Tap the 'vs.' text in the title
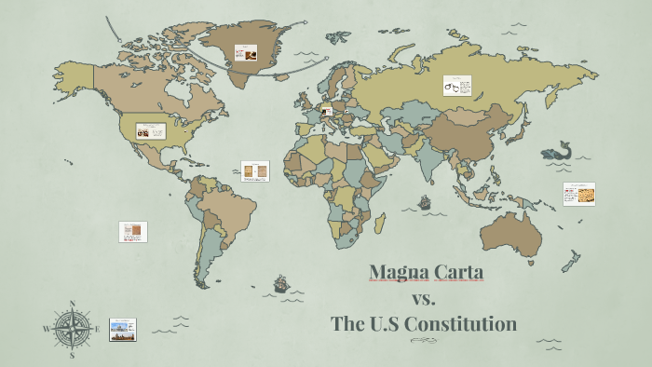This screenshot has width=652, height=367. click(x=424, y=298)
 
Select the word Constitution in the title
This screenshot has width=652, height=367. click(x=468, y=324)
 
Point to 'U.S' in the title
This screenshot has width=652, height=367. click(x=394, y=324)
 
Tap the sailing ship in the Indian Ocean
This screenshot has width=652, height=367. click(x=425, y=201)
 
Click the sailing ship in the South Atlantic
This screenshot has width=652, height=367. click(x=279, y=282)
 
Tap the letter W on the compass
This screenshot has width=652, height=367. click(x=47, y=329)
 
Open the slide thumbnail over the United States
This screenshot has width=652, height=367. click(x=150, y=131)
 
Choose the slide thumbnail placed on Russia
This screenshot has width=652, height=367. click(x=456, y=87)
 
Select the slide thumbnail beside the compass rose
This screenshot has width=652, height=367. click(x=123, y=329)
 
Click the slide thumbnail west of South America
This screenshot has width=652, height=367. click(x=133, y=231)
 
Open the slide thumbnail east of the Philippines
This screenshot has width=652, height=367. click(x=578, y=194)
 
